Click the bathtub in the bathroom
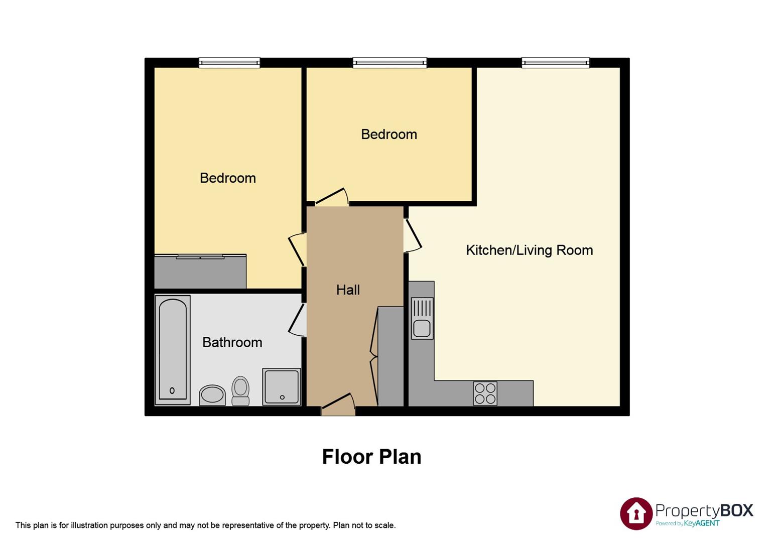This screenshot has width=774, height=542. [x=172, y=350]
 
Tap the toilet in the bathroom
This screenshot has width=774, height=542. [x=240, y=391]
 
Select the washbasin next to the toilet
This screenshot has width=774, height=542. [x=212, y=395]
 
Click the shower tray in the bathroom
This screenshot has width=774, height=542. [x=281, y=386]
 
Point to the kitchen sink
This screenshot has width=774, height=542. [x=422, y=318]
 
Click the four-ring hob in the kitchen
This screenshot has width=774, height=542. [x=485, y=393]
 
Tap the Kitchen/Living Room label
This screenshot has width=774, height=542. [x=529, y=250]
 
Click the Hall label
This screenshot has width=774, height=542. [x=348, y=290]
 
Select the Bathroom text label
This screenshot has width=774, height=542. [x=232, y=342]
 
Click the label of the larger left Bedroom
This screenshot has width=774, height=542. [x=227, y=178]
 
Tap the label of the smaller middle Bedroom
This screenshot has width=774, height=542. [x=389, y=134]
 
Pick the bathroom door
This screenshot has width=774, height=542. [x=297, y=320]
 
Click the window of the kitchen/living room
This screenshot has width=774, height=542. [x=555, y=63]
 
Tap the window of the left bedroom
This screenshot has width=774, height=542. [x=229, y=63]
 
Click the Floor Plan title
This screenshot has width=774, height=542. [x=371, y=457]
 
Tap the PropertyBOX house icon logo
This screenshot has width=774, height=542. [x=636, y=513]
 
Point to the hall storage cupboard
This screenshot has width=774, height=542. [x=390, y=356]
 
